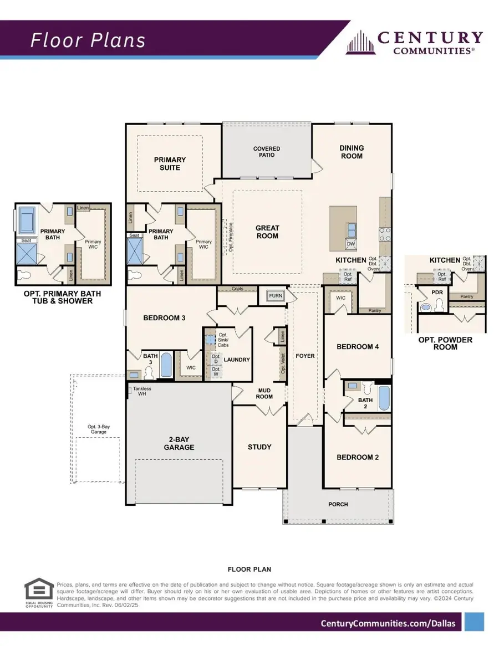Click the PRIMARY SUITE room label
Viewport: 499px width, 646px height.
click(x=170, y=163)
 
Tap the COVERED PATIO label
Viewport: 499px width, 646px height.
click(x=267, y=152)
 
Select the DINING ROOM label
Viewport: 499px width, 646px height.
click(x=352, y=152)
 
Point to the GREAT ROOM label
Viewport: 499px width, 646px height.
click(x=267, y=232)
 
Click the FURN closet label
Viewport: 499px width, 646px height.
click(x=276, y=296)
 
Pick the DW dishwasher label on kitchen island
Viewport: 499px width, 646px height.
click(x=350, y=243)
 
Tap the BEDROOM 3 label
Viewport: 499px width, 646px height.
click(x=164, y=318)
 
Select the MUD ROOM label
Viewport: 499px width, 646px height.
click(x=264, y=393)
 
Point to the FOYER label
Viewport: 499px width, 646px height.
click(x=305, y=356)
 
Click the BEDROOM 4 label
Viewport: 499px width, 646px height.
click(x=358, y=347)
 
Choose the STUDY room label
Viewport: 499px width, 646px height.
click(x=259, y=447)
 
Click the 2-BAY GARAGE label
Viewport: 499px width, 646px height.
click(x=179, y=443)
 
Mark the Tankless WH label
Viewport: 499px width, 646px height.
click(x=142, y=392)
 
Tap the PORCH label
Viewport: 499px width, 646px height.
click(x=338, y=504)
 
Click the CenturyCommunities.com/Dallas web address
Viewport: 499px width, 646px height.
click(x=388, y=623)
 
